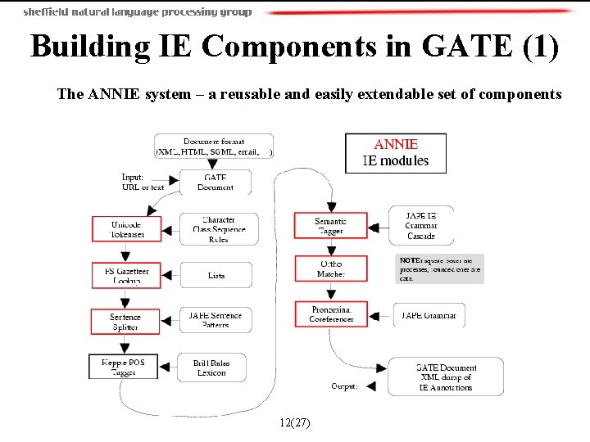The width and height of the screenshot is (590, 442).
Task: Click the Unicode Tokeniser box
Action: pos(125,229)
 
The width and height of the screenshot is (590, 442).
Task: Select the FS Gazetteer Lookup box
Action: pos(125,275)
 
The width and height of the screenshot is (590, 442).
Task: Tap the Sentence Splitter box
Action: pos(125,321)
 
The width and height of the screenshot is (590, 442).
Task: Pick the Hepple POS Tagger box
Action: pos(124,367)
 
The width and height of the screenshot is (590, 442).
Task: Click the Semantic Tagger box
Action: pos(330,226)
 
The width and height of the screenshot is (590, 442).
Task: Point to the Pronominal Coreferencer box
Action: pos(331,314)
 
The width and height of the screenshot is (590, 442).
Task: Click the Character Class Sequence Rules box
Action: pos(219,229)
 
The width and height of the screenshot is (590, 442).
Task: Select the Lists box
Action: pos(216,275)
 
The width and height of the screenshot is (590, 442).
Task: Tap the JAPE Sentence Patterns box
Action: pos(216,320)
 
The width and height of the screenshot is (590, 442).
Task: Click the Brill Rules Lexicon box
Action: pos(211,367)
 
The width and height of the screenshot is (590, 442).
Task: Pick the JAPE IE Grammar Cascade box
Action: pos(421,225)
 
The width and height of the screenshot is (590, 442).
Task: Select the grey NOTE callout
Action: pos(440,268)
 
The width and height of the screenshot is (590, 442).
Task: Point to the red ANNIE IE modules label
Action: pos(397,152)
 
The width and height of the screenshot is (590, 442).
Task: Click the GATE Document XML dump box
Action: pos(446,377)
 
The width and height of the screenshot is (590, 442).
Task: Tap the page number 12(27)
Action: pos(294,422)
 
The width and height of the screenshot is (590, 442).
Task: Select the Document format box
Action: pos(214,147)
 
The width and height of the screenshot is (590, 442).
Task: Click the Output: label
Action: pos(344,386)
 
